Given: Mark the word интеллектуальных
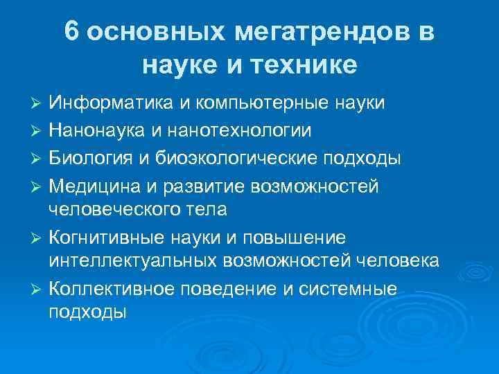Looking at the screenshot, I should (x=133, y=260).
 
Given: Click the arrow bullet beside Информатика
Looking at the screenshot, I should (x=38, y=104).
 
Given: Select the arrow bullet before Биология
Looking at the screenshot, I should (x=38, y=158).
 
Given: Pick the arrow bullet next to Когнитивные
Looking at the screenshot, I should (x=38, y=238).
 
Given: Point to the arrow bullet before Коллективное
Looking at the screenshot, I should (x=38, y=289).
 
